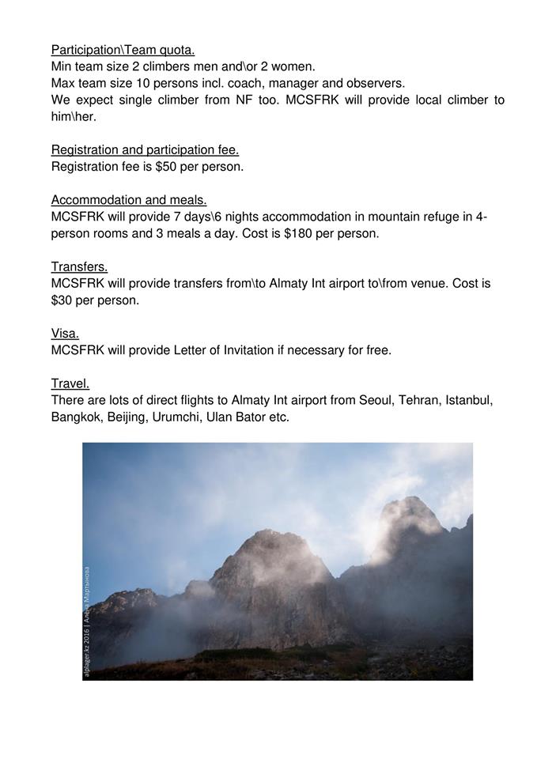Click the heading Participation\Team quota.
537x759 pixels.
click(123, 51)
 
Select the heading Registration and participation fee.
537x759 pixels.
click(145, 150)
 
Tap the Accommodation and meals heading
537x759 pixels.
click(129, 200)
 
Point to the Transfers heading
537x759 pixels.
click(79, 266)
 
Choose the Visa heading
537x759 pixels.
click(65, 334)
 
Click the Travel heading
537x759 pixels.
click(70, 383)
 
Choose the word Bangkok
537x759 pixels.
click(76, 417)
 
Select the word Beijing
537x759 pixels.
click(125, 417)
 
